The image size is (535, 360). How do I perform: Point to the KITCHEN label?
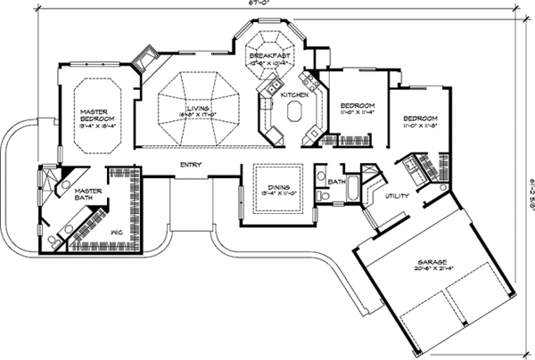coord(294,94)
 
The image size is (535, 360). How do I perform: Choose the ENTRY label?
coord(189,165)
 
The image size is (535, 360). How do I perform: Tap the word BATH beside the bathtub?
coord(336,183)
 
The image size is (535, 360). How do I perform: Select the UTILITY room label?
coord(397,199)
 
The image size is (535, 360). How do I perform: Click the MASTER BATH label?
coord(86,193)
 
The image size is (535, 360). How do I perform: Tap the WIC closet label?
coord(116,233)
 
